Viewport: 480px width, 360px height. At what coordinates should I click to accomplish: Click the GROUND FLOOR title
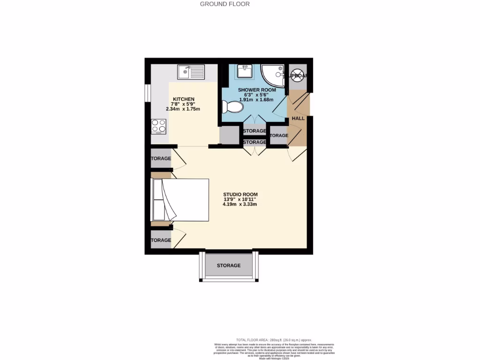(x=225, y=4)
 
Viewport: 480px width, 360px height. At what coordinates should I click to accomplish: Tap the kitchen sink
(x=191, y=72)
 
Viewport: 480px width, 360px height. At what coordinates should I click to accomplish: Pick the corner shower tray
(x=274, y=75)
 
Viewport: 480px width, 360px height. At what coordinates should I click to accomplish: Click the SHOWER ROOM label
(x=256, y=90)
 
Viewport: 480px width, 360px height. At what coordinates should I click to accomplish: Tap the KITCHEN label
(x=183, y=99)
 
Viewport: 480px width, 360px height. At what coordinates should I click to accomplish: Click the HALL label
(x=298, y=119)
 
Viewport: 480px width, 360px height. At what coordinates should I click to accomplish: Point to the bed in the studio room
(x=180, y=200)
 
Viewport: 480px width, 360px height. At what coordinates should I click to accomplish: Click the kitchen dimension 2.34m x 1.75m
(x=183, y=109)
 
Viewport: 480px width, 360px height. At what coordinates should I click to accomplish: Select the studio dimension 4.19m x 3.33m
(x=240, y=204)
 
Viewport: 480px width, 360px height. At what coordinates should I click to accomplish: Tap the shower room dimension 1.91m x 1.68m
(x=256, y=99)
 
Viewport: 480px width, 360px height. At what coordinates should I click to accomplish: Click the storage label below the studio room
(x=228, y=265)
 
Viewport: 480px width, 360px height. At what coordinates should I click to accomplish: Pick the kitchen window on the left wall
(x=147, y=92)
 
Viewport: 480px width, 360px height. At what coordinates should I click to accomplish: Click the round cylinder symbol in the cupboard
(x=297, y=76)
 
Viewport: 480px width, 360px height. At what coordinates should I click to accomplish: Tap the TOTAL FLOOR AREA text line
(x=274, y=340)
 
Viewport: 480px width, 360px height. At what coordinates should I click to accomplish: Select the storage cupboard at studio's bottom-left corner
(x=161, y=240)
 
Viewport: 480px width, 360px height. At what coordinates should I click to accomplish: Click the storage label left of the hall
(x=279, y=135)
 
